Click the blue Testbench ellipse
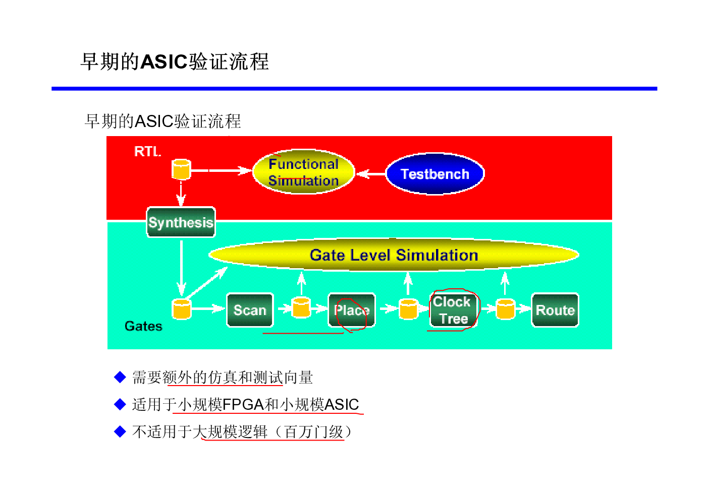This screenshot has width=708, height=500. click(x=435, y=174)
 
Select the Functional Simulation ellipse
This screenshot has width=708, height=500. click(x=303, y=172)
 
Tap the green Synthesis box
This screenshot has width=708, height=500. click(x=181, y=222)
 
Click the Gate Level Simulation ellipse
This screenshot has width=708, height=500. click(x=394, y=255)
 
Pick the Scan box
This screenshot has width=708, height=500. click(x=250, y=310)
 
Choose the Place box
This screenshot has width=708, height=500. click(x=352, y=310)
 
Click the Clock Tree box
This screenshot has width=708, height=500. click(x=454, y=310)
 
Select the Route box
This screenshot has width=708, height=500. click(x=555, y=310)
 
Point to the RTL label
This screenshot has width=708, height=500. click(x=148, y=152)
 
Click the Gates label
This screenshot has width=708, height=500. click(x=143, y=326)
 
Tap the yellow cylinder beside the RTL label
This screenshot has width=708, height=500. click(x=181, y=169)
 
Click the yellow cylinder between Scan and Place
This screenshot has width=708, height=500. click(x=301, y=307)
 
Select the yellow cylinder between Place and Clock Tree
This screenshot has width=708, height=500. click(x=408, y=309)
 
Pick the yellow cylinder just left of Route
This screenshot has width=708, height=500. click(x=506, y=309)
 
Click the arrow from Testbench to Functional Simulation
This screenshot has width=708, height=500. click(x=371, y=174)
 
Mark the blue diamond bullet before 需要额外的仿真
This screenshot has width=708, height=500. click(x=120, y=377)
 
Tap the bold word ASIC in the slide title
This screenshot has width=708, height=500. click(x=164, y=61)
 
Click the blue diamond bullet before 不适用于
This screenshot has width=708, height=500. click(x=120, y=431)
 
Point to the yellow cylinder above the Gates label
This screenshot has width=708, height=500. click(x=182, y=309)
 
